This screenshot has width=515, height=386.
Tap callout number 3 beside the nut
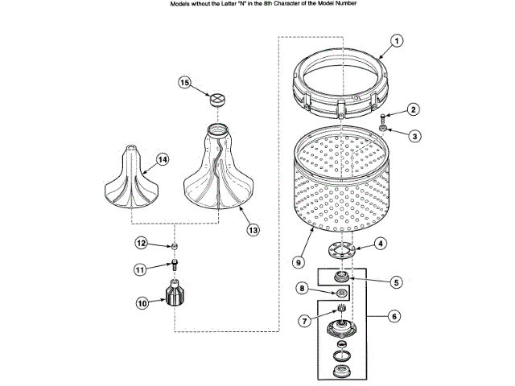coord(414,136)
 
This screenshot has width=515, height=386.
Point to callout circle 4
coord(381,243)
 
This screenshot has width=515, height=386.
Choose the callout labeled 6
coord(396,282)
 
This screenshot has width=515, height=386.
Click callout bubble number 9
coord(393,317)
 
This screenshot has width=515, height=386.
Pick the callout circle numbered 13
coord(304,321)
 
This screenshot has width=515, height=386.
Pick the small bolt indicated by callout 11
coord(174,265)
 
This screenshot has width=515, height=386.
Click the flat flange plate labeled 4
coord(343,250)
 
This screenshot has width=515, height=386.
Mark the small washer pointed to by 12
coord(174,244)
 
